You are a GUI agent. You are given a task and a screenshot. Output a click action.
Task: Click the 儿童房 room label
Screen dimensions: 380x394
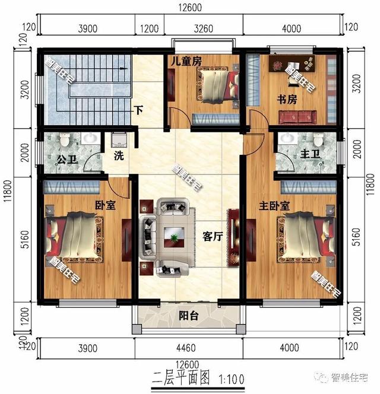click(x=186, y=61)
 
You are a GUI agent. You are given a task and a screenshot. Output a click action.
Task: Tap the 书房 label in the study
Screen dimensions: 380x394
click(x=287, y=100)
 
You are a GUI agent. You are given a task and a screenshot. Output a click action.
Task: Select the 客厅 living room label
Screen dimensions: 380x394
click(x=213, y=236)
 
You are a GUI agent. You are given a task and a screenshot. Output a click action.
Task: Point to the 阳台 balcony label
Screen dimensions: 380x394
click(x=189, y=316)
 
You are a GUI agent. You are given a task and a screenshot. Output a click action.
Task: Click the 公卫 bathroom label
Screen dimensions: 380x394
click(x=66, y=159)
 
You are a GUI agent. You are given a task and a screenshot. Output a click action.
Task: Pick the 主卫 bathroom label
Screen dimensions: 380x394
click(x=310, y=154)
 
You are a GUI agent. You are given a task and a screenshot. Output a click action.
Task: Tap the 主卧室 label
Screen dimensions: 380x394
click(x=274, y=206)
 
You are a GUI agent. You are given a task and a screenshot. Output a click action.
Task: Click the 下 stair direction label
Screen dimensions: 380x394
click(x=138, y=110)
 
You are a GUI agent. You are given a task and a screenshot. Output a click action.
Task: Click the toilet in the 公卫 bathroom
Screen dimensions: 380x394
click(x=65, y=139)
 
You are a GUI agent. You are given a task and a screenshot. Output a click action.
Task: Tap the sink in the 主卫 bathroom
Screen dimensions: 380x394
click(x=287, y=139)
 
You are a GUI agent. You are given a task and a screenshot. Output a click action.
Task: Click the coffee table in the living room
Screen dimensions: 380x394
click(x=174, y=237)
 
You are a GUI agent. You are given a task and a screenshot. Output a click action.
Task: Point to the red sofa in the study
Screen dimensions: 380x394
click(x=297, y=117)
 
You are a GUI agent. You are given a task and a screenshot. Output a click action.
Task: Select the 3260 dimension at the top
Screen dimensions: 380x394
click(x=204, y=28)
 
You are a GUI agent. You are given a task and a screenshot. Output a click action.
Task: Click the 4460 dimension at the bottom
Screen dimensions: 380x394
click(x=186, y=348)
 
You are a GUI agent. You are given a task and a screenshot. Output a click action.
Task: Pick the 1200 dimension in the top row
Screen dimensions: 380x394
click(x=150, y=28)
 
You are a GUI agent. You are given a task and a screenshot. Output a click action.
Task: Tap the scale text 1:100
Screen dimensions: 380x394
click(x=232, y=379)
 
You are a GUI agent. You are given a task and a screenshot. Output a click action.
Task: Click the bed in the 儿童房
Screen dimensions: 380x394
click(x=218, y=85)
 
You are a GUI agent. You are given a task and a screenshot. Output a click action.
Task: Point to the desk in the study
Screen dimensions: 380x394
click(x=292, y=64)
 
